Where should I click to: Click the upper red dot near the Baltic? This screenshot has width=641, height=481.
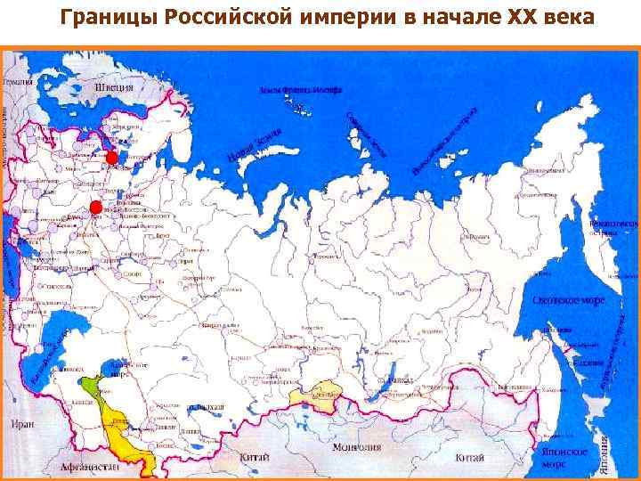tap(111, 158)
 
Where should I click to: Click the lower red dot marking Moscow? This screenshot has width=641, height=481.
tap(96, 208)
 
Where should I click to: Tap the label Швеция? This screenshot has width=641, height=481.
tap(116, 88)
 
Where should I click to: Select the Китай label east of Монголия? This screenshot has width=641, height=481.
tap(469, 457)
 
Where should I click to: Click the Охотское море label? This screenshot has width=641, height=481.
tap(568, 301)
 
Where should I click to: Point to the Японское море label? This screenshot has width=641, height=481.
tap(563, 458)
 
